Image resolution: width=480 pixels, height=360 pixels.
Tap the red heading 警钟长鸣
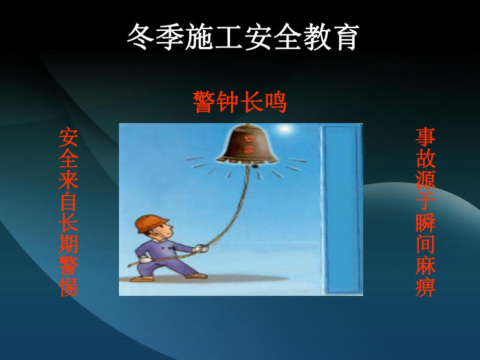click(239, 102)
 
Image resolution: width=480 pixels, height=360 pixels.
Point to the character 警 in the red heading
click(204, 102)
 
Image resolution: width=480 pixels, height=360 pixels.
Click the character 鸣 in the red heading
click(275, 102)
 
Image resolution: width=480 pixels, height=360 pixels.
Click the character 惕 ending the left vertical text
click(68, 286)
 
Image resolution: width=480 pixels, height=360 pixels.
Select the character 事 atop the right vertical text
click(425, 137)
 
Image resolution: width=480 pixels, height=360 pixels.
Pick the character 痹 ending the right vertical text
click(425, 286)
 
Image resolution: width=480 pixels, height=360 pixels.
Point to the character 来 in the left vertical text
click(68, 181)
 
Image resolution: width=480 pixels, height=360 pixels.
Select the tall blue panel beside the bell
click(342, 209)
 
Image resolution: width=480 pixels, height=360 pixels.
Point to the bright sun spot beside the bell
click(284, 128)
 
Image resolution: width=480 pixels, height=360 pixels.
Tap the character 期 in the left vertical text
click(68, 244)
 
